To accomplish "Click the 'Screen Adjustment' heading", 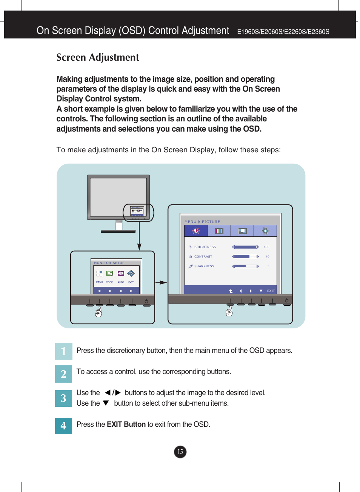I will point(98,57).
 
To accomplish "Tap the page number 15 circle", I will point(180,452).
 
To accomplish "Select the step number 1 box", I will point(63,351).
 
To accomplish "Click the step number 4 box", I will point(63,426).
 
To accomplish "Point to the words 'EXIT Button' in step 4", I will point(126,425).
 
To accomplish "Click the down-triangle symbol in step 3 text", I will point(106,403).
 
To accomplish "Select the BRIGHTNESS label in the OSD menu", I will point(205,247).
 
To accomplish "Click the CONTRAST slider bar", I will point(245,257).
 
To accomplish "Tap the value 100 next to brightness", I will point(266,247).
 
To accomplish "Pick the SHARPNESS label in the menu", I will point(204,266).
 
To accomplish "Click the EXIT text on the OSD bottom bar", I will point(271,291).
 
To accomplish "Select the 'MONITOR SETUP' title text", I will point(109,263).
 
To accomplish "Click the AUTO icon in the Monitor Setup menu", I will point(121,274).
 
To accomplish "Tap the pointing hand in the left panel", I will point(98,312).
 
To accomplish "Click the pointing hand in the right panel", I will point(229,311).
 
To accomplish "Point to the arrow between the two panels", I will point(161,282).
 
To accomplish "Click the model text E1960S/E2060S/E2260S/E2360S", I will point(283,32).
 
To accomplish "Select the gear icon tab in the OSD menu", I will point(265,231).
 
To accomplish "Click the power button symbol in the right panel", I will point(287,300).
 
